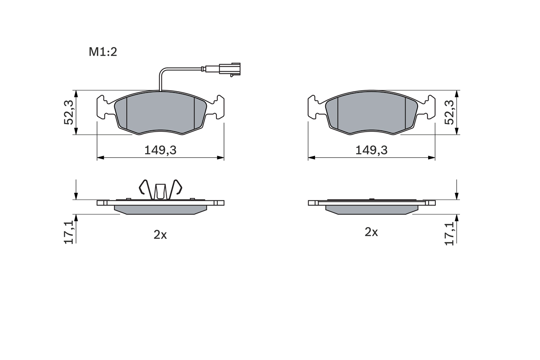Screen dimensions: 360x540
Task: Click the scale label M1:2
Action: [103, 52]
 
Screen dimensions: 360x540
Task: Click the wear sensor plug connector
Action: [228, 69]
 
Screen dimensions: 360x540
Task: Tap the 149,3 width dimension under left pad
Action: [160, 150]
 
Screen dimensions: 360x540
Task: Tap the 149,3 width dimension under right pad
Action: [371, 150]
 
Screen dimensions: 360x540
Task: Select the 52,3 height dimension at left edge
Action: [69, 112]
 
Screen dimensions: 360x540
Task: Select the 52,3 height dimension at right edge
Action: [450, 112]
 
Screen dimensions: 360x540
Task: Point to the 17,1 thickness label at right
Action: [450, 232]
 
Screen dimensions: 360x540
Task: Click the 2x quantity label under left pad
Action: [160, 235]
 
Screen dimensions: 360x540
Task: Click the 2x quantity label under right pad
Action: [371, 232]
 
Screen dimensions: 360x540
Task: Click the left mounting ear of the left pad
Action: [102, 108]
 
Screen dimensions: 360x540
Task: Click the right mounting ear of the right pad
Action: [430, 108]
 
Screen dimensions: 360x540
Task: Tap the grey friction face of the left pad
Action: [160, 112]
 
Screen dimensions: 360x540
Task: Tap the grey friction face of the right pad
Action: [371, 112]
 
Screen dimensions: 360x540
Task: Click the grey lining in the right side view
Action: [371, 210]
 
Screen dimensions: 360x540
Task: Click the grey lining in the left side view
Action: [160, 210]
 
